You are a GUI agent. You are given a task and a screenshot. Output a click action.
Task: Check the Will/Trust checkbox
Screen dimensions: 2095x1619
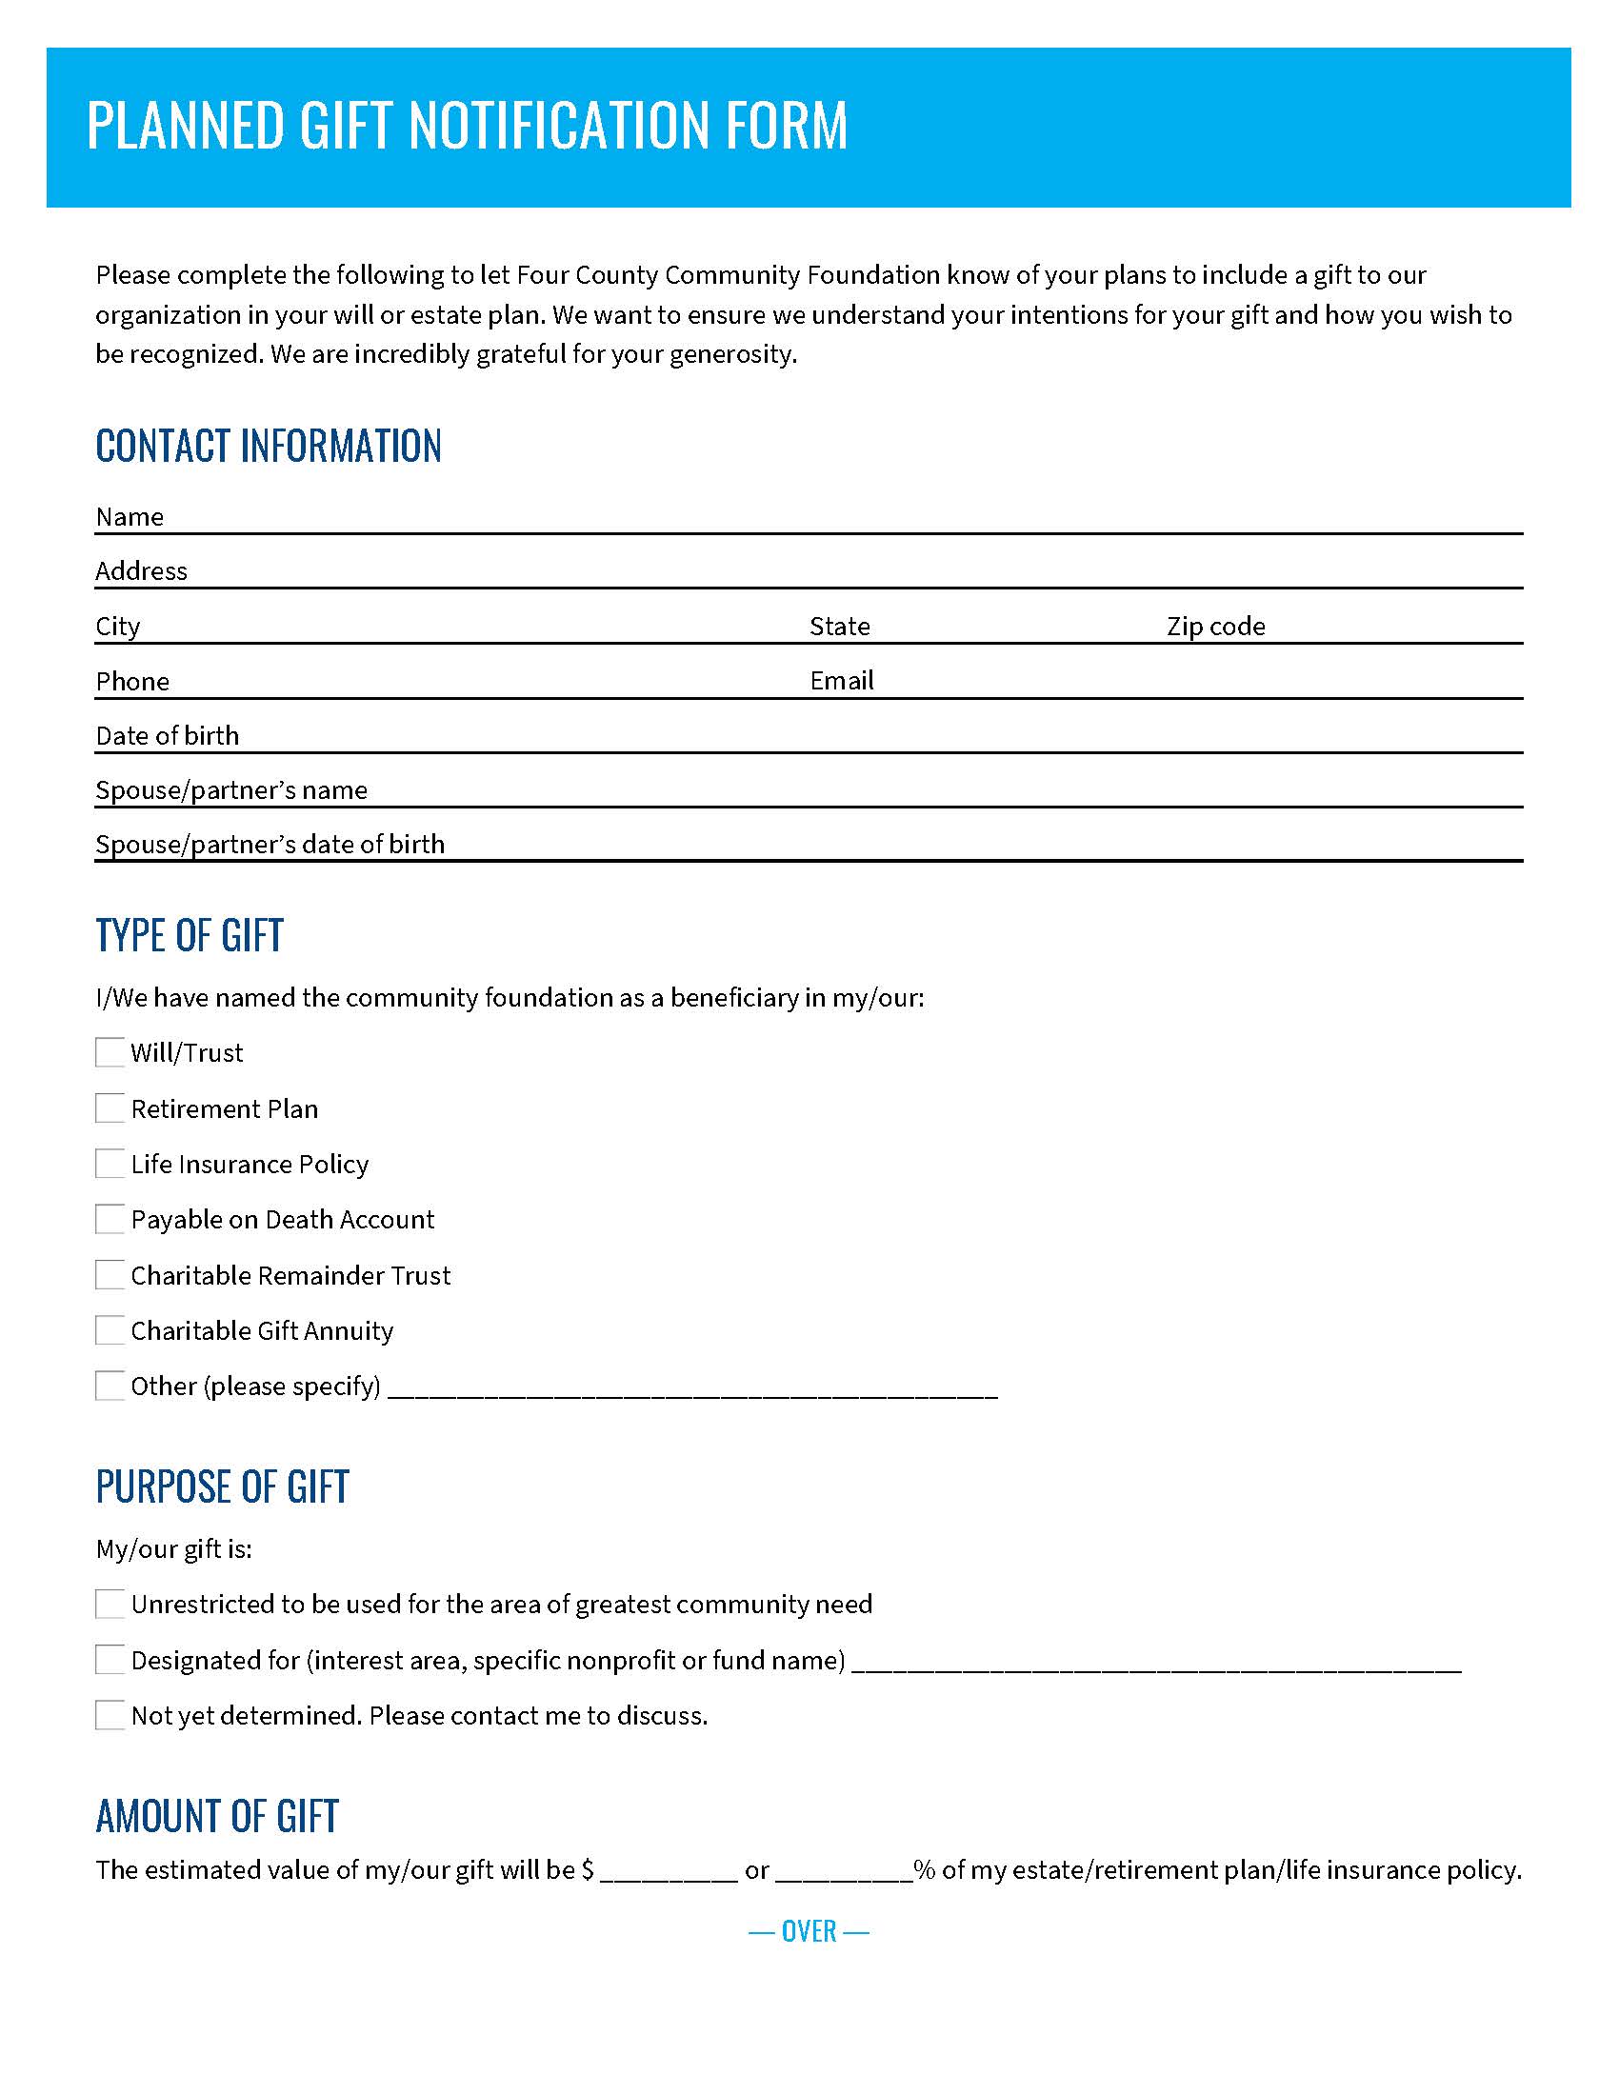click(110, 1052)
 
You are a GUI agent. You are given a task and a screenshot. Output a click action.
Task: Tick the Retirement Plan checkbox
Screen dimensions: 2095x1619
click(110, 1107)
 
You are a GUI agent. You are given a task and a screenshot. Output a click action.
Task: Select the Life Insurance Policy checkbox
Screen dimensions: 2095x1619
click(110, 1164)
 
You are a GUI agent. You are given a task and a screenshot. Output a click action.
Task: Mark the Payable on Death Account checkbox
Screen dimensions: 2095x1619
click(110, 1219)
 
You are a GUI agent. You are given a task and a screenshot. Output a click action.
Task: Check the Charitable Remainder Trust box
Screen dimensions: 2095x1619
click(110, 1275)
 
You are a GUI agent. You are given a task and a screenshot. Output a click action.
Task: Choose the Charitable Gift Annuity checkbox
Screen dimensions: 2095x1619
click(110, 1330)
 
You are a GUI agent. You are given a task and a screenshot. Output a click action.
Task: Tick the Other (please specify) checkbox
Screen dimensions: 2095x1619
click(110, 1387)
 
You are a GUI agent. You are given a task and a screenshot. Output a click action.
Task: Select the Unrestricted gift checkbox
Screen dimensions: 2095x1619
click(110, 1604)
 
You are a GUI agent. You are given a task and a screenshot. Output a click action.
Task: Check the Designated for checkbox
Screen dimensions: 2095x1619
click(110, 1660)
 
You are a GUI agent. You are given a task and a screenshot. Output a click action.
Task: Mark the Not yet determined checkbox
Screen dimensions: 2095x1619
click(110, 1715)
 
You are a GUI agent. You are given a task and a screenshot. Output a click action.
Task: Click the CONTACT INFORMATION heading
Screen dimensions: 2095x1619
click(269, 446)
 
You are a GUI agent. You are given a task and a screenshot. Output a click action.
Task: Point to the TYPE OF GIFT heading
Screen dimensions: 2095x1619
click(189, 935)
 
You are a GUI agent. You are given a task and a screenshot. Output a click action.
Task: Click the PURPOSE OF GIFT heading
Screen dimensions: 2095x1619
click(222, 1486)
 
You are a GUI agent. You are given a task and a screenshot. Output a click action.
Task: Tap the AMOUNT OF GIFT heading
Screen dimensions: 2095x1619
click(217, 1816)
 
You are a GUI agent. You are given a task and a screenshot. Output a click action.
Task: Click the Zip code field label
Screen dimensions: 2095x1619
click(1215, 627)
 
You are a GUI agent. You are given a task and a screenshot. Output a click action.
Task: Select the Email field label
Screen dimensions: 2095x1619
click(841, 681)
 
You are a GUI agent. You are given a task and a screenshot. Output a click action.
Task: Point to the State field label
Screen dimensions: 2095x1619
click(839, 627)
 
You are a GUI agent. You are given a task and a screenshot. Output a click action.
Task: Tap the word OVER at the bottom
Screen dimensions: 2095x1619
click(809, 1931)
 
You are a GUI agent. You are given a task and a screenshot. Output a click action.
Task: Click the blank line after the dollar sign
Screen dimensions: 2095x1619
click(669, 1870)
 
